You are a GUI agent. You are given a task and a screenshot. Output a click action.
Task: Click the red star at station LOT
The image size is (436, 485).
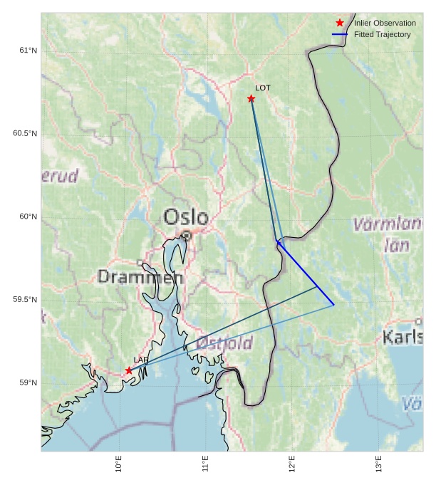click(251, 98)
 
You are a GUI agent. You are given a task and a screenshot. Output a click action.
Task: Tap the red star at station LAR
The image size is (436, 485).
click(129, 370)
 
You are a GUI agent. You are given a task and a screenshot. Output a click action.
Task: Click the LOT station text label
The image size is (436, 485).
click(263, 88)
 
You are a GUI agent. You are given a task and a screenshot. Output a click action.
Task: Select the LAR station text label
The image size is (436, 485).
click(140, 360)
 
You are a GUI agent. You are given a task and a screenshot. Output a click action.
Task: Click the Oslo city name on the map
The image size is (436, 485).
click(186, 217)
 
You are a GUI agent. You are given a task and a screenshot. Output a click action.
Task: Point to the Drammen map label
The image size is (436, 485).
click(140, 277)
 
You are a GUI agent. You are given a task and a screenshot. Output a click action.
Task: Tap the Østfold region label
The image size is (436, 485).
click(224, 343)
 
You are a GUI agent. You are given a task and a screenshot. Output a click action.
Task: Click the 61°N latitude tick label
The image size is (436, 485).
click(28, 51)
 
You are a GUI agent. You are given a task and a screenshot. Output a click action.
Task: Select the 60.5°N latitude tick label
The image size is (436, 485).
click(25, 134)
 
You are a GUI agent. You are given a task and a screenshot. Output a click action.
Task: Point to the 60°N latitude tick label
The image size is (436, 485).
click(28, 217)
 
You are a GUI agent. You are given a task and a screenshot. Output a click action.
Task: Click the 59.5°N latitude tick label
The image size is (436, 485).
click(25, 300)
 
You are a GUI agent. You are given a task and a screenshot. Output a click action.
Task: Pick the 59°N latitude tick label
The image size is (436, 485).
click(28, 383)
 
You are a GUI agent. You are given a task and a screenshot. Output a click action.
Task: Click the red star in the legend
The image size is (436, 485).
click(340, 23)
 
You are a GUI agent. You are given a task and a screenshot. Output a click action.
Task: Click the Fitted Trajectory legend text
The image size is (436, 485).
click(383, 34)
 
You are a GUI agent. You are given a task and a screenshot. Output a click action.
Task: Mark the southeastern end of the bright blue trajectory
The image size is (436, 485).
click(333, 305)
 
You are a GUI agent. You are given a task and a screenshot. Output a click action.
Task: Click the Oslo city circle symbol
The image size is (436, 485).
click(186, 235)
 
